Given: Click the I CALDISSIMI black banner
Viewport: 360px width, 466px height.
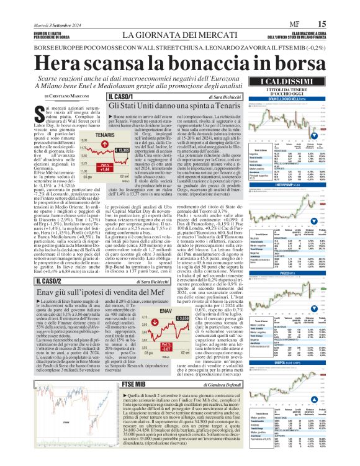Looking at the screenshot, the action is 302,83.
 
